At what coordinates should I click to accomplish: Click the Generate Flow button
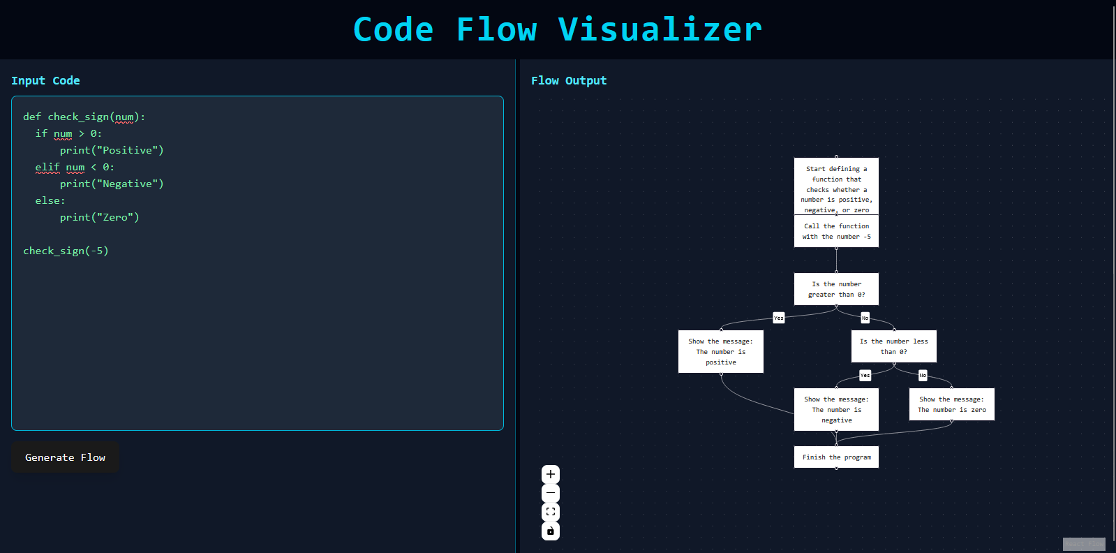pos(65,457)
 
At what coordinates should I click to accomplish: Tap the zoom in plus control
pos(551,475)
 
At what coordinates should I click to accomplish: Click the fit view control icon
pos(551,512)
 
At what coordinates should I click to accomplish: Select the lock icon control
pos(551,531)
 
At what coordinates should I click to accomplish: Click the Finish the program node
pos(836,457)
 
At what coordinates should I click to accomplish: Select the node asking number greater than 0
pos(836,289)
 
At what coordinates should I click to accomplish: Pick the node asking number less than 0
pos(893,346)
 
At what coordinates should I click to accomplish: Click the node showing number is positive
pos(720,352)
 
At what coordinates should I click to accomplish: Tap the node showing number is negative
pos(836,410)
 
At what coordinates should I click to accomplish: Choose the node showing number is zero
pos(951,404)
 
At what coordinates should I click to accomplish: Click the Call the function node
pos(836,231)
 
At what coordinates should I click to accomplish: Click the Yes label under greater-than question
pos(779,318)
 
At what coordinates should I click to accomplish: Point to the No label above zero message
pos(923,376)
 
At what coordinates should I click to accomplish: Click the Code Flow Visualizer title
pos(557,29)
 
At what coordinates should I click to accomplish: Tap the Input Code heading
pos(45,81)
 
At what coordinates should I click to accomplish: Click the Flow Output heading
pos(569,81)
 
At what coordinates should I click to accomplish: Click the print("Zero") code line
pos(99,217)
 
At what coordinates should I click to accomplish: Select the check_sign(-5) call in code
pos(66,251)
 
